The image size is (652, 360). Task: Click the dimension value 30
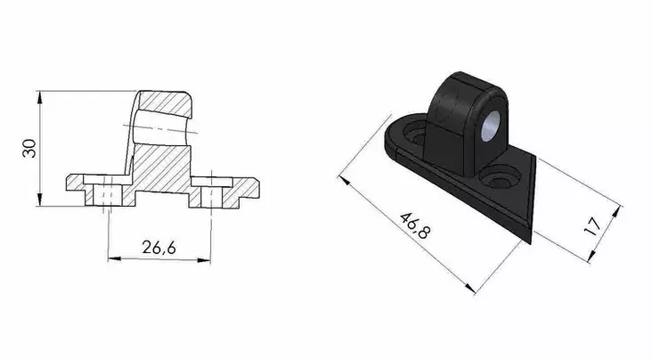pyautogui.click(x=30, y=147)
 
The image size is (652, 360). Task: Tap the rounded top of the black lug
pyautogui.click(x=459, y=82)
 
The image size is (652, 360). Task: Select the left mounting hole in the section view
pyautogui.click(x=107, y=195)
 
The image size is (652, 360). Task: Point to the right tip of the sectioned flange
pyautogui.click(x=260, y=188)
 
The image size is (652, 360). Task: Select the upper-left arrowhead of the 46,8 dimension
pyautogui.click(x=343, y=182)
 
